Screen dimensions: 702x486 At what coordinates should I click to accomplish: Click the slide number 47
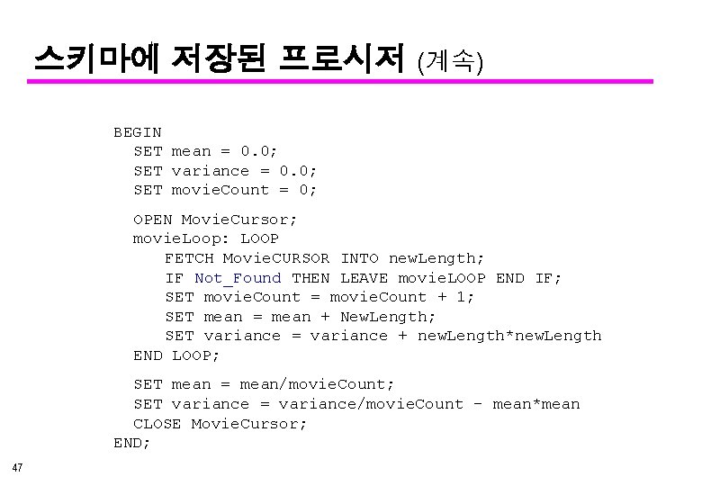coord(18,467)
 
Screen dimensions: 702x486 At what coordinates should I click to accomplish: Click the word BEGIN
coord(137,132)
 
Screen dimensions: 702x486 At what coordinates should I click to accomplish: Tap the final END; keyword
coord(131,443)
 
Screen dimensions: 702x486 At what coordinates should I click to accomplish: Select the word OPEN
coord(152,219)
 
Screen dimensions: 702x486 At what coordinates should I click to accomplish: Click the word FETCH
coord(189,258)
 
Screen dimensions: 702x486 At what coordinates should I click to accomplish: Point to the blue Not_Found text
coord(238,278)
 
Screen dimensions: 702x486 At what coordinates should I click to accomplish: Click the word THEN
coord(310,278)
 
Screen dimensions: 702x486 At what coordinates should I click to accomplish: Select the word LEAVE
coord(364,278)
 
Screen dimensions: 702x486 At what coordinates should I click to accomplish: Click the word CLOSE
coord(157,424)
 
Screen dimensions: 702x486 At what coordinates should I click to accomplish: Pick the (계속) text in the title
coord(451,61)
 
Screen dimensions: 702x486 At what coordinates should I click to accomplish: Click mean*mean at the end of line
coord(537,404)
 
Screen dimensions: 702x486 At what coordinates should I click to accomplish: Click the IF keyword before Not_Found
coord(175,278)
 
